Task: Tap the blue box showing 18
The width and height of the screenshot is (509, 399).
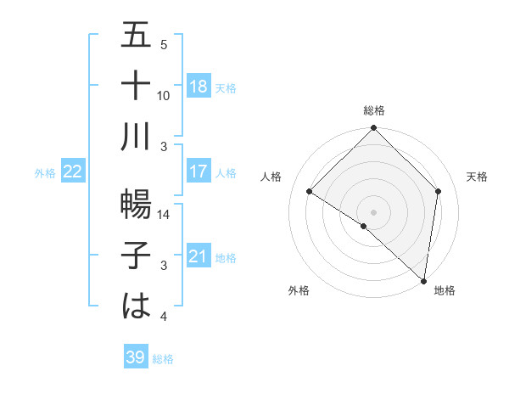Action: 199,87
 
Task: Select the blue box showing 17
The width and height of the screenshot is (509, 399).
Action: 199,171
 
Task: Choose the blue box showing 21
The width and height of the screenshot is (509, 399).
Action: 199,256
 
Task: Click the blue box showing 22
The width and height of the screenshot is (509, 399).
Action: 73,171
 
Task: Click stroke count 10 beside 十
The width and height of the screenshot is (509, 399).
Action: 164,96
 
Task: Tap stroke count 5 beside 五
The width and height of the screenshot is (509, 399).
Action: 164,45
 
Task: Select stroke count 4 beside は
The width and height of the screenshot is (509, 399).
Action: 164,318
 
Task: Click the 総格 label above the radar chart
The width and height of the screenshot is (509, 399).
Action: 373,110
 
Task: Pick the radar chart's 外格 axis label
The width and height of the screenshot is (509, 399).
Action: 299,290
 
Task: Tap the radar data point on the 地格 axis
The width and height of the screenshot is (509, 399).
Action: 422,280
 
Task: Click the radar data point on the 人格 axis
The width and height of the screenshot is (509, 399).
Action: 310,192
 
